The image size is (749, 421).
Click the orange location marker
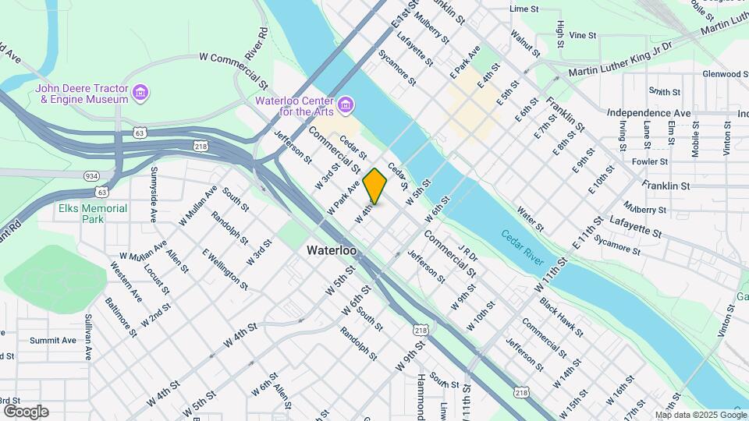click(x=375, y=186)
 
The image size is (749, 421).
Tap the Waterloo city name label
click(x=332, y=251)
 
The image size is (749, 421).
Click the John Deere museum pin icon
click(x=141, y=94)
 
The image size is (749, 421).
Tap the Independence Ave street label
click(x=648, y=113)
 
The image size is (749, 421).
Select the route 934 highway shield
click(x=91, y=176)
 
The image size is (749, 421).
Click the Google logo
click(x=26, y=412)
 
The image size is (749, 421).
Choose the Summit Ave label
click(x=53, y=340)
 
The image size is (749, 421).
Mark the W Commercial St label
click(x=233, y=58)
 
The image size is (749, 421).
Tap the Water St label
click(x=530, y=218)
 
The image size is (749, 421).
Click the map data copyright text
click(x=700, y=415)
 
